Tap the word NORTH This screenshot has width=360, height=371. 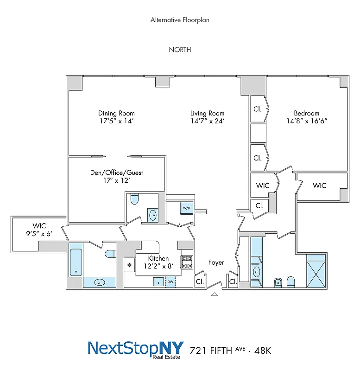tap(180, 50)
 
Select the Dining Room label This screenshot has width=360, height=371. tap(116, 113)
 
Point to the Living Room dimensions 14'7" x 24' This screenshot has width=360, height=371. tap(208, 121)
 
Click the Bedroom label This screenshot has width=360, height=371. tap(306, 113)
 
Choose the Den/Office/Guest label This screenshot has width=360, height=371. tap(116, 173)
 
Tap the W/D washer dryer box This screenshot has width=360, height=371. tap(187, 208)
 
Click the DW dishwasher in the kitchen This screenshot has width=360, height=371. tap(171, 281)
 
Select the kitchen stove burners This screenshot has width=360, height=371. tap(187, 262)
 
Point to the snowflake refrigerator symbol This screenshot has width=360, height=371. tap(130, 266)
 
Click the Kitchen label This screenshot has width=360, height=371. tap(158, 258)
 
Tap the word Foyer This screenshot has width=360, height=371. tap(216, 262)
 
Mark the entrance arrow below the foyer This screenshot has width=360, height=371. tap(214, 294)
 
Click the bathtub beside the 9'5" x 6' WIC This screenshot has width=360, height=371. tap(76, 262)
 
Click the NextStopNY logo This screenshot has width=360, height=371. tap(136, 349)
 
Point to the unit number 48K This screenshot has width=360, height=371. tap(262, 350)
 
